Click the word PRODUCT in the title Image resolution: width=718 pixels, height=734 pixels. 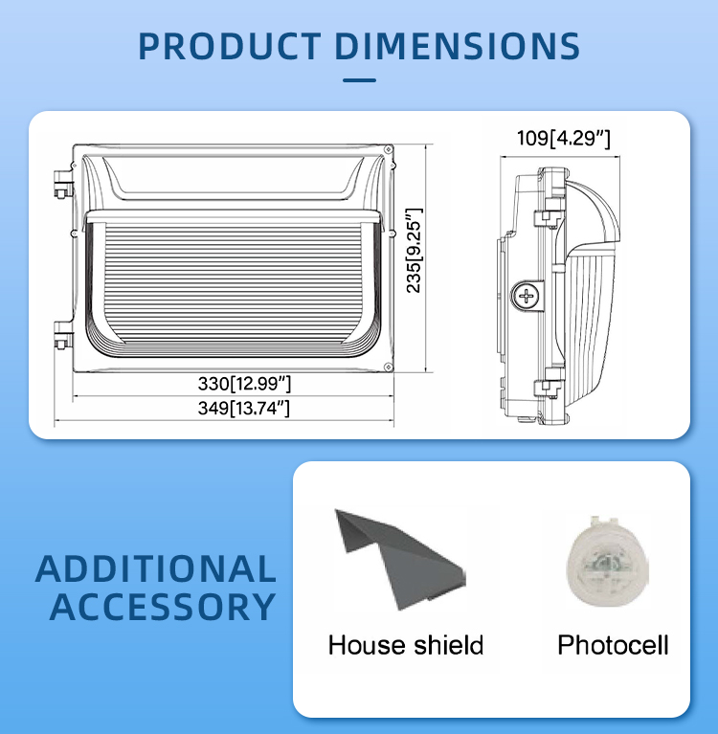pos(230,46)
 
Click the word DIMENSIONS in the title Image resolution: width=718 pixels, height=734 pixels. pos(457,46)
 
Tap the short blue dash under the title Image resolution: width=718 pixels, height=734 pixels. pos(359,80)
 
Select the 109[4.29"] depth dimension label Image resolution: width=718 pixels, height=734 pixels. pos(564,138)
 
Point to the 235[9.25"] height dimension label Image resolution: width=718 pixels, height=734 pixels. pos(414,251)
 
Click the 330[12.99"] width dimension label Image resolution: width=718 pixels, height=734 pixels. pos(244,384)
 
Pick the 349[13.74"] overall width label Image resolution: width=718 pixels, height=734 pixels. pos(243,409)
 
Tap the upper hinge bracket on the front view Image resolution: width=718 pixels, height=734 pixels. pos(63,184)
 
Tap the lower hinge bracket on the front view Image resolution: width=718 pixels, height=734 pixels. pos(63,335)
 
